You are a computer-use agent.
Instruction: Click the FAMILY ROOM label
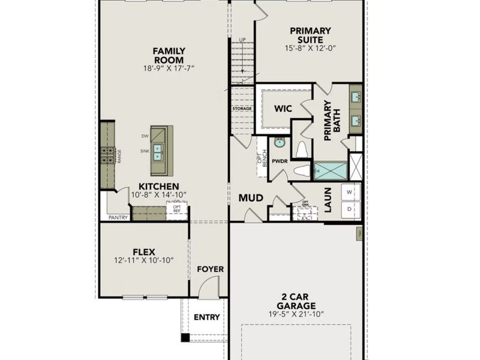click(168, 56)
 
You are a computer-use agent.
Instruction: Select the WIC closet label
click(283, 109)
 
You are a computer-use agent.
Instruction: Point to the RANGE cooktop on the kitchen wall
click(109, 156)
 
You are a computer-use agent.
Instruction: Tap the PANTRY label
click(118, 218)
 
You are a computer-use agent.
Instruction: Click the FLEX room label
click(144, 252)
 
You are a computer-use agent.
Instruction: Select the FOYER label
click(210, 269)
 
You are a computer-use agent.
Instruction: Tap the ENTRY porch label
click(206, 317)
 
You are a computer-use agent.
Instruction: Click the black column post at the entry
click(185, 337)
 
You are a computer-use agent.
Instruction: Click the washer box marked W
click(350, 192)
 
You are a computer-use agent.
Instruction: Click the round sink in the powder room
click(280, 143)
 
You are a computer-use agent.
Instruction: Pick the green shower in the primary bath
click(331, 171)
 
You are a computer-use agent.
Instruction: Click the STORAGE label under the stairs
click(242, 109)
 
